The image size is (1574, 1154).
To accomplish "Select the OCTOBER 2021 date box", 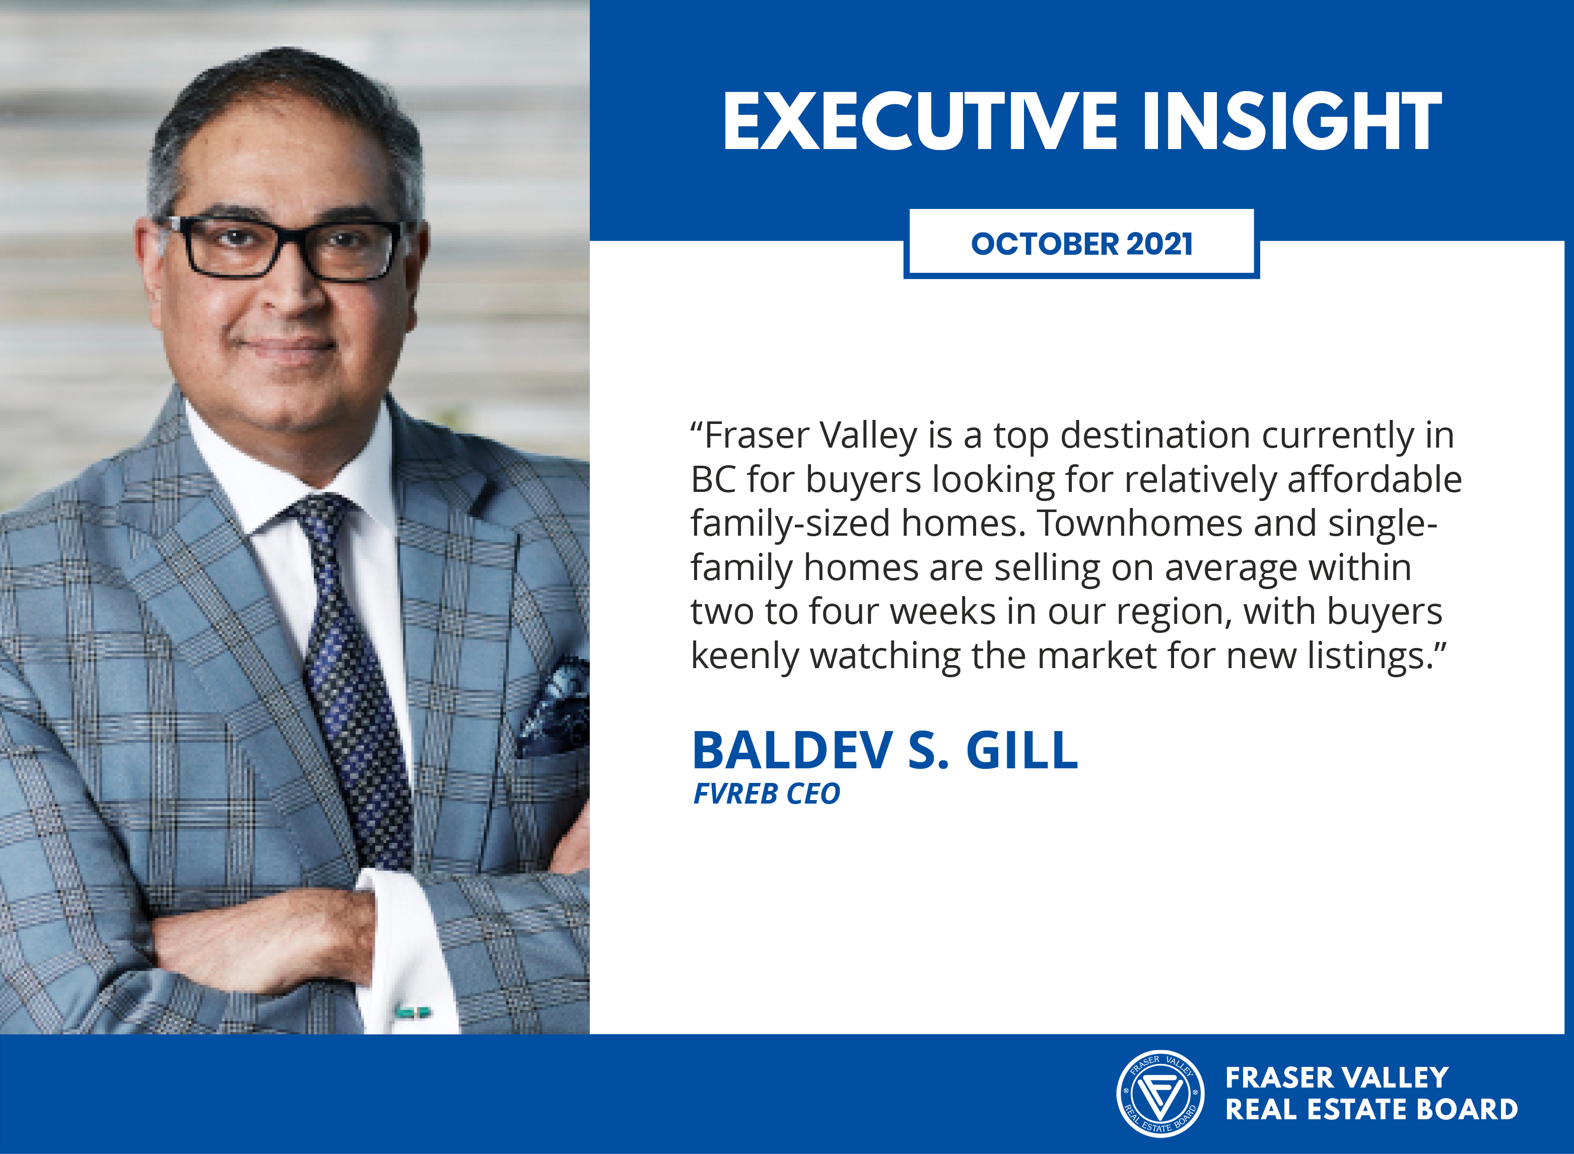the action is tap(1081, 243).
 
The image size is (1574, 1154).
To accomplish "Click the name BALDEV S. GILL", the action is tap(885, 750).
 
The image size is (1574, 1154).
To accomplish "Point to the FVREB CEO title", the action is tap(767, 794).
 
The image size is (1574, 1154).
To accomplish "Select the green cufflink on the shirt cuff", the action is tap(412, 1012).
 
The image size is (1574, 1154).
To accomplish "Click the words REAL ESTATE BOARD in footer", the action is tap(1372, 1109).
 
